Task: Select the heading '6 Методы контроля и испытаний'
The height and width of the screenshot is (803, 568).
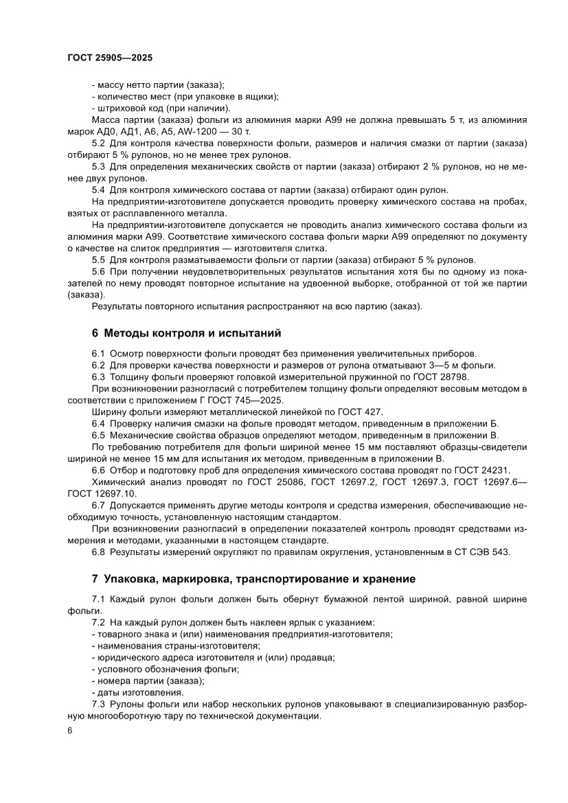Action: (x=186, y=334)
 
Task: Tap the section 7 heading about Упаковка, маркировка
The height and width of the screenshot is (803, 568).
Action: (x=253, y=578)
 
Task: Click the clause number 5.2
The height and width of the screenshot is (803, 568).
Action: (x=98, y=143)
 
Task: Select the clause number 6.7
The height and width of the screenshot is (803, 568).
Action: (x=98, y=505)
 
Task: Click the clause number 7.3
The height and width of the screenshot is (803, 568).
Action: (x=98, y=704)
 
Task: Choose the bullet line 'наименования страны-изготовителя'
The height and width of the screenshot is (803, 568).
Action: (x=176, y=646)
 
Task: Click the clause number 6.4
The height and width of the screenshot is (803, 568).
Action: (x=98, y=424)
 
